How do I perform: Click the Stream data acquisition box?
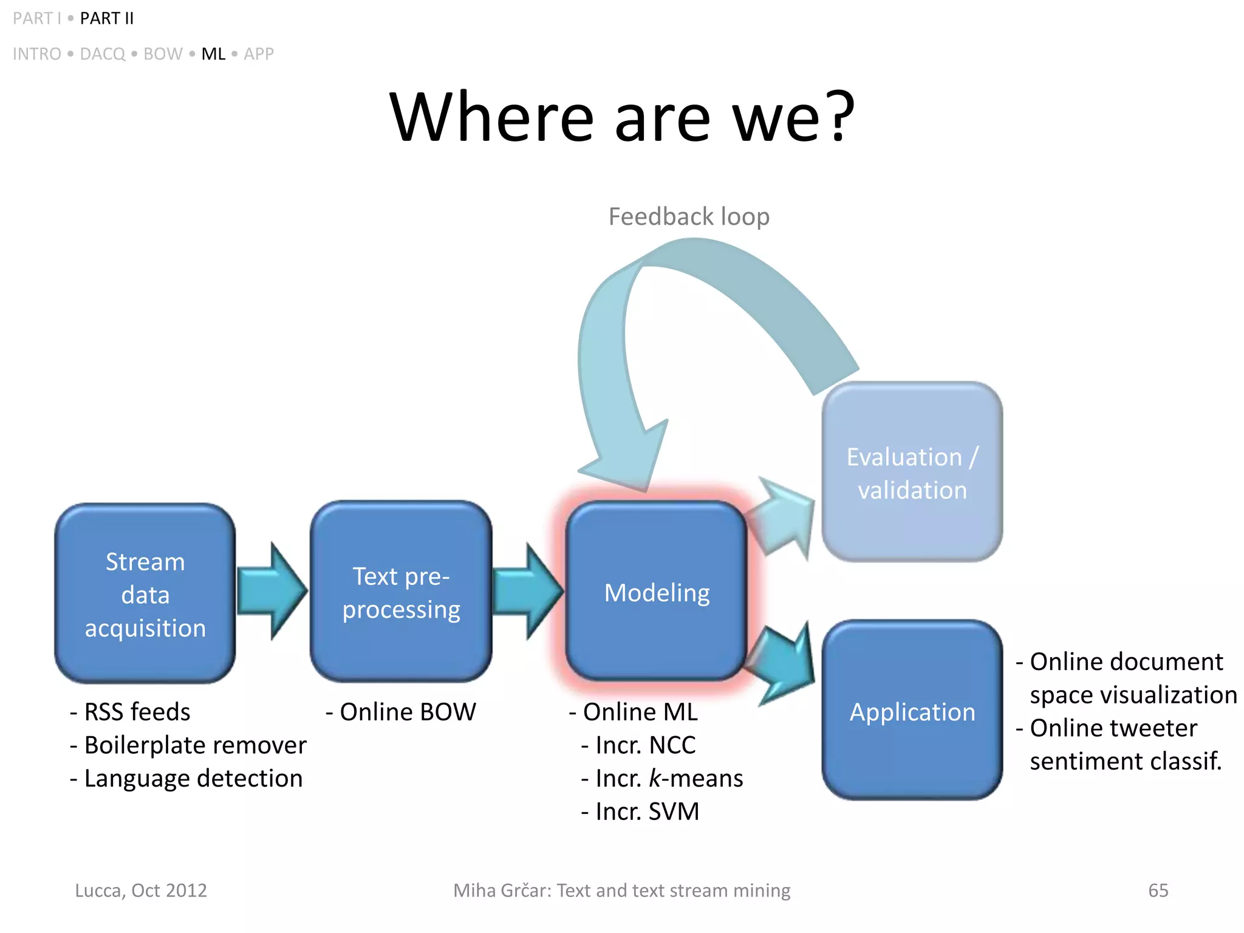(145, 593)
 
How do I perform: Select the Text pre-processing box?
(401, 592)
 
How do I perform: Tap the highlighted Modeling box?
(656, 592)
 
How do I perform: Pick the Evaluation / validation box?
(912, 473)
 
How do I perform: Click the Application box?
(912, 711)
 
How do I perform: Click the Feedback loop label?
(689, 217)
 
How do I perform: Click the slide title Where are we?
(622, 117)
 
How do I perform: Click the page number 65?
(1158, 890)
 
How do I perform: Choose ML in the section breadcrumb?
(213, 54)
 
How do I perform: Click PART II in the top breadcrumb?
(107, 19)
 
